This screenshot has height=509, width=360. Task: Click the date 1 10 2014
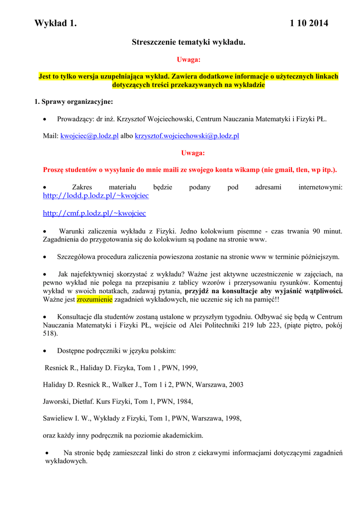(x=309, y=23)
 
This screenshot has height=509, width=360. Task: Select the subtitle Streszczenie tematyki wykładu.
(x=188, y=43)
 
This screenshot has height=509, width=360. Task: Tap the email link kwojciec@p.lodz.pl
(x=90, y=136)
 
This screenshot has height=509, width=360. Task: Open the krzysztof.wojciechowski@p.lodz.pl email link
(x=187, y=136)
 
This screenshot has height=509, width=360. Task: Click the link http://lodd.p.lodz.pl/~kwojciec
(x=96, y=196)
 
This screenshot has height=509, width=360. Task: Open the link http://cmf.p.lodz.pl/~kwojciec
(x=94, y=213)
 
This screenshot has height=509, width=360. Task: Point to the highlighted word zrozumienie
(x=94, y=300)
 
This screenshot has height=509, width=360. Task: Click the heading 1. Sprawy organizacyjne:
(x=74, y=102)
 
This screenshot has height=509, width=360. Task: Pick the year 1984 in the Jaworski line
(x=182, y=401)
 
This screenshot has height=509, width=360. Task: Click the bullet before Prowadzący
(x=45, y=120)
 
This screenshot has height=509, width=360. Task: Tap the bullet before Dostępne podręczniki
(x=45, y=351)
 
